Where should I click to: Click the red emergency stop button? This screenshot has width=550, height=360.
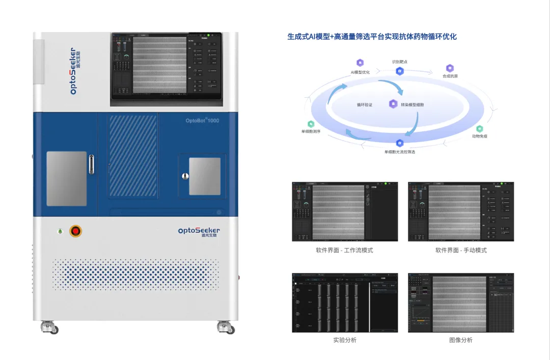pos(76,231)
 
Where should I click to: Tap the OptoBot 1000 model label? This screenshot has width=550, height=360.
pos(203,121)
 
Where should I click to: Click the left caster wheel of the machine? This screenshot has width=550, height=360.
pos(49,328)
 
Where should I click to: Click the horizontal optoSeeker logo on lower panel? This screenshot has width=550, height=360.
pos(199,231)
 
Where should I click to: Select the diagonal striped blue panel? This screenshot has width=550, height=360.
pos(133,155)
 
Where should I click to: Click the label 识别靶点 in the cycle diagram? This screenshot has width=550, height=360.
pos(400,62)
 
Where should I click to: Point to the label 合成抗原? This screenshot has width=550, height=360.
pos(450,76)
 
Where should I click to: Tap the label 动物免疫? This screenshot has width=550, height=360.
pos(479,136)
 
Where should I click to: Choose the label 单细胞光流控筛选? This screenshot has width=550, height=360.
pos(400,152)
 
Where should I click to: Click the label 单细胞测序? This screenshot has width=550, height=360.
pos(311,131)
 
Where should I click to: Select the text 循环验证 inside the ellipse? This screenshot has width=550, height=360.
pos(365,104)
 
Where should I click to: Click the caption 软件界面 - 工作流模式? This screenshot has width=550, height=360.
pos(345,250)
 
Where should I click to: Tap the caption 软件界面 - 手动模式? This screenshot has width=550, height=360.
pos(461,250)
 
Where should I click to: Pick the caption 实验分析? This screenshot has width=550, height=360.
pos(345,340)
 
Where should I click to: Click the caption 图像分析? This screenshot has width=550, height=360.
pos(461,340)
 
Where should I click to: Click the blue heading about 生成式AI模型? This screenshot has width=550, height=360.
pos(372,37)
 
